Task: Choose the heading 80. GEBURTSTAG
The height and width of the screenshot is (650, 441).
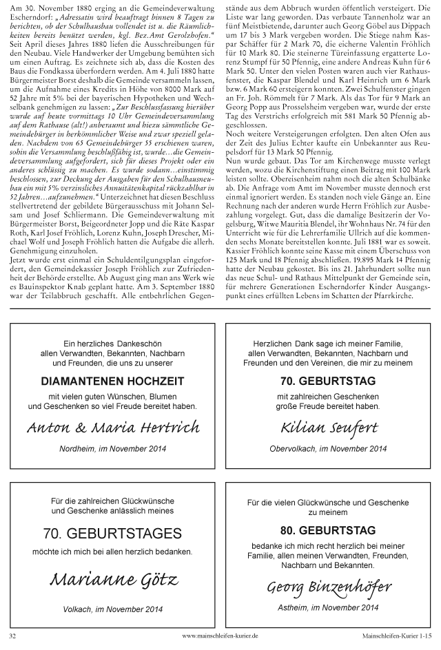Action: tap(329, 531)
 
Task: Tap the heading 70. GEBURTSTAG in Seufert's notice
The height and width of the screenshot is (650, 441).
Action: tap(329, 380)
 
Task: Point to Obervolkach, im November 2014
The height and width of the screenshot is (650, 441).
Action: tap(329, 450)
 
